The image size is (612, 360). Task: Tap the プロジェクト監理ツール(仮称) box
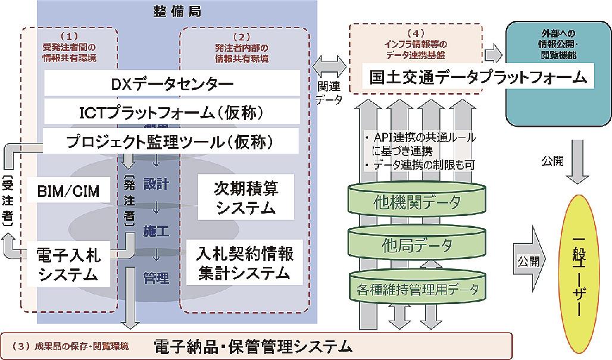[x=162, y=142]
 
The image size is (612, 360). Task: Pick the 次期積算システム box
[x=245, y=198]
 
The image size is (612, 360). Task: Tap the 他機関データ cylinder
[x=417, y=202]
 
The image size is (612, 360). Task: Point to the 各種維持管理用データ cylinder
[x=417, y=289]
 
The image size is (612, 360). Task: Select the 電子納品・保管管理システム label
[x=250, y=346]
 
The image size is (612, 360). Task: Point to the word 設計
[x=157, y=184]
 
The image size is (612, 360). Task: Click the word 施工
[x=157, y=230]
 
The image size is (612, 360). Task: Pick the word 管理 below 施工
[x=157, y=277]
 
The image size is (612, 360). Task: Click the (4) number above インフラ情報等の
[x=415, y=33]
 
